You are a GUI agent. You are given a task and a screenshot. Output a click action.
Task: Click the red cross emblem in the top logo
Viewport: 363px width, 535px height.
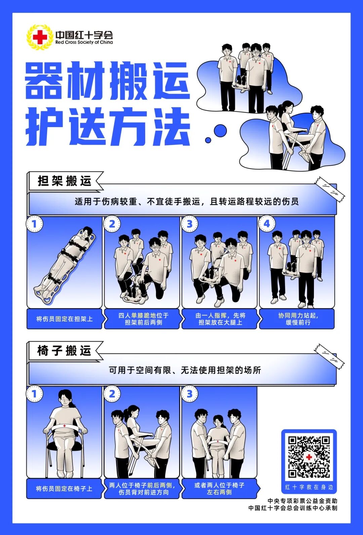(40, 37)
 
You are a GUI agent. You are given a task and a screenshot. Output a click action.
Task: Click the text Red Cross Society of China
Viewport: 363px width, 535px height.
(84, 43)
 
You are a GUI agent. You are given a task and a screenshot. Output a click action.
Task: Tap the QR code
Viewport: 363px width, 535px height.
(309, 456)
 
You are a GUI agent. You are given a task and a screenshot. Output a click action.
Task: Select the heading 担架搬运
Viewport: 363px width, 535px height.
(65, 181)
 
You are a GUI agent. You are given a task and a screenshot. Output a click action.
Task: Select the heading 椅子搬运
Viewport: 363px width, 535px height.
(65, 351)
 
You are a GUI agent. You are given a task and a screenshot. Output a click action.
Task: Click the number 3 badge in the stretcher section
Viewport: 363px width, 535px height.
(190, 224)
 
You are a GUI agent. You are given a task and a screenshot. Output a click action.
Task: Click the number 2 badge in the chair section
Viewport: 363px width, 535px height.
(112, 394)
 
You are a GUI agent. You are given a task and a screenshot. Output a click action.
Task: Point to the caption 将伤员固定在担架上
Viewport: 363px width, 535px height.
(64, 319)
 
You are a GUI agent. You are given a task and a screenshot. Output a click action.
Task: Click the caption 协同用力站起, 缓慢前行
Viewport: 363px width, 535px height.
(298, 319)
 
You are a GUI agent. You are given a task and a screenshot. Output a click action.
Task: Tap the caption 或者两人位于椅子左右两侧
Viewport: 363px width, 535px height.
(219, 489)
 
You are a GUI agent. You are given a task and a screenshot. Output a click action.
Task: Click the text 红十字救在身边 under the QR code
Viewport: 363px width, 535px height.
(309, 487)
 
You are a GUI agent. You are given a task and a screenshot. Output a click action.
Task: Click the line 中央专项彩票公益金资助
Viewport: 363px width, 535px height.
(302, 501)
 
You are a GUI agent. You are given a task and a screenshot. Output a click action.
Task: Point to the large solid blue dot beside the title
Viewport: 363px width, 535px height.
(220, 130)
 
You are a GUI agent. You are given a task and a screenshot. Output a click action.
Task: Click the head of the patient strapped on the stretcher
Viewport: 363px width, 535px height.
(87, 232)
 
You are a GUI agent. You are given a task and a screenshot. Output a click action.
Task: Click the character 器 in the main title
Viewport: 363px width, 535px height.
(44, 81)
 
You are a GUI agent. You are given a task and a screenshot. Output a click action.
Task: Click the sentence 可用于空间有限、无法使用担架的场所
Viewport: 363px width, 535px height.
(185, 370)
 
